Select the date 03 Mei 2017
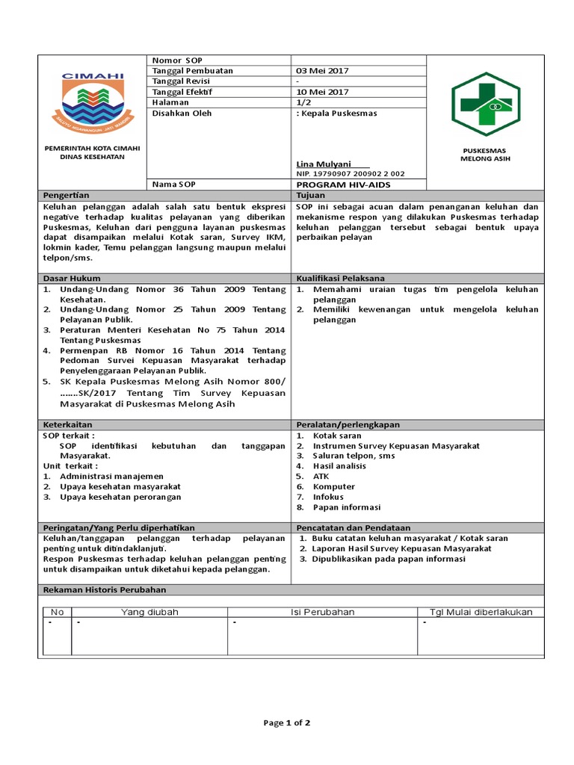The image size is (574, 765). (x=322, y=71)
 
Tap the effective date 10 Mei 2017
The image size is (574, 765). (x=322, y=92)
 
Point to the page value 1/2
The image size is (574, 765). (x=305, y=102)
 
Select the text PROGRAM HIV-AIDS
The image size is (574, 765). (x=343, y=185)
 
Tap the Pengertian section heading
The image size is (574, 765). (x=66, y=195)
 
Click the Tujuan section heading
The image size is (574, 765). (x=310, y=195)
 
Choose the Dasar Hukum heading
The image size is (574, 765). (x=72, y=278)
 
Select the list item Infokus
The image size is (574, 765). (x=328, y=496)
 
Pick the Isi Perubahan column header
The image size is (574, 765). (x=322, y=612)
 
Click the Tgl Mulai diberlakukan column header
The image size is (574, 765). (x=481, y=612)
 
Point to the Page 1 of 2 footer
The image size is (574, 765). (x=287, y=723)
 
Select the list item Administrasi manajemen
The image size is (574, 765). (x=111, y=476)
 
